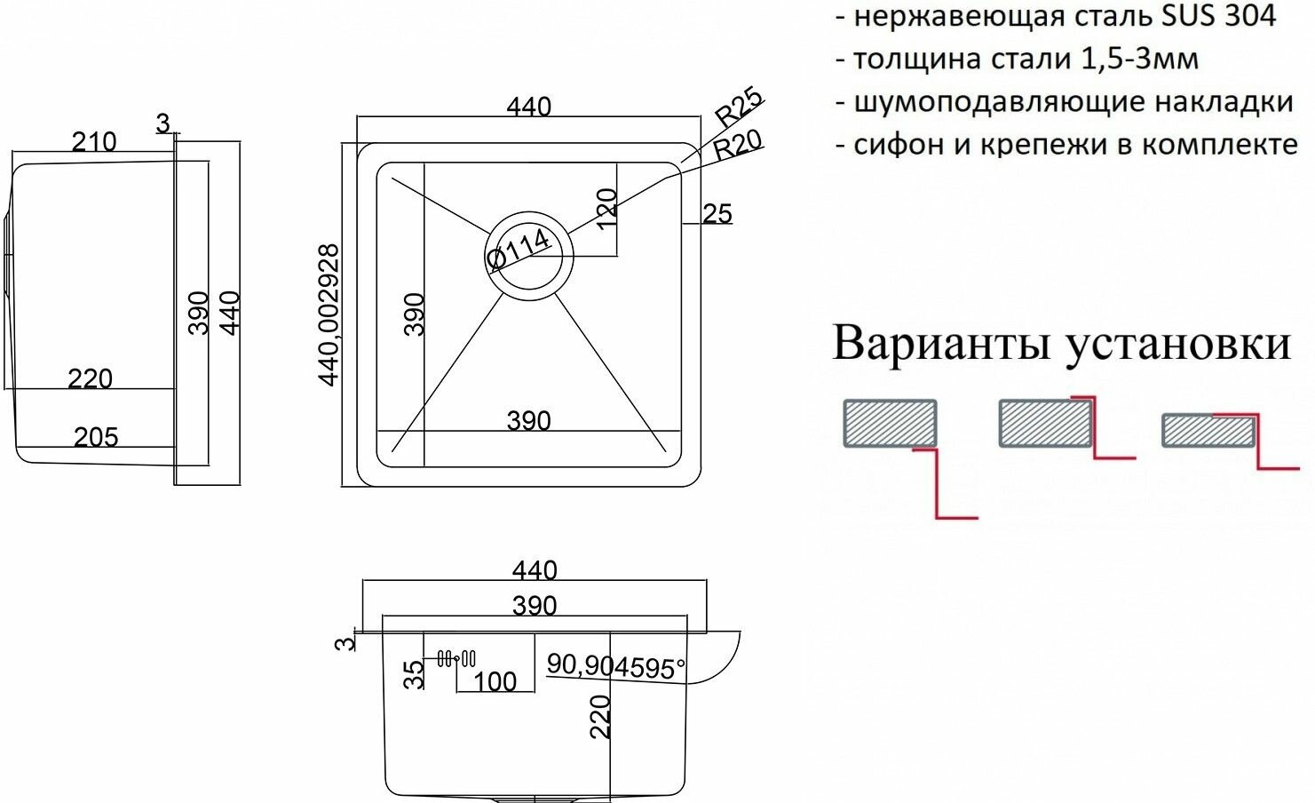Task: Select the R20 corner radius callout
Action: pos(738,144)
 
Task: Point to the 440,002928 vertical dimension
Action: pos(329,314)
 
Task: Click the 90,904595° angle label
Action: pos(615,666)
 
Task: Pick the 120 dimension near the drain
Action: pos(606,208)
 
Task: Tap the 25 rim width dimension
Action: pos(717,213)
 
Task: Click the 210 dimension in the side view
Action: pos(94,142)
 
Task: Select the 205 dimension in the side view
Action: pos(96,436)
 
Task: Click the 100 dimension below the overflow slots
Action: pos(495,681)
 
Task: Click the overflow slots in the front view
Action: pos(456,658)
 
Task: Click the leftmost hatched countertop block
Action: pos(889,423)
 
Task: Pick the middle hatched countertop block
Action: pos(1045,423)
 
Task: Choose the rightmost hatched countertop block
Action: pos(1208,431)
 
